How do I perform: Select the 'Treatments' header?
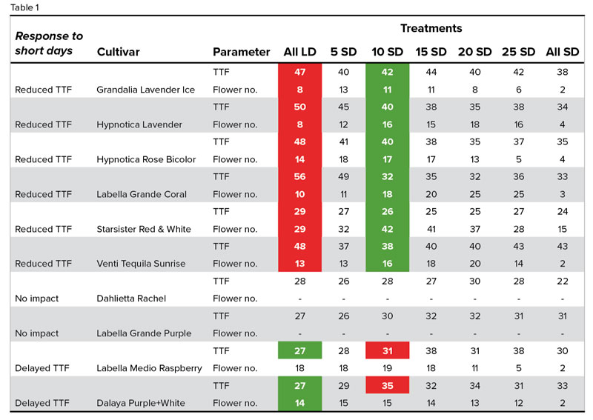coord(431,29)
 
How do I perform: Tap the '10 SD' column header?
coord(387,52)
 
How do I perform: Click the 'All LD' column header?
coord(300,52)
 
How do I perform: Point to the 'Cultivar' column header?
coord(118,52)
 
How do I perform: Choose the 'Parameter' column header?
coord(241,52)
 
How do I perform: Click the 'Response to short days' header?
coord(49,43)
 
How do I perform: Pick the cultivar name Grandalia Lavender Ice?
coord(145,90)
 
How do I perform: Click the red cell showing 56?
coord(300,177)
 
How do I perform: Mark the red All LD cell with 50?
coord(300,107)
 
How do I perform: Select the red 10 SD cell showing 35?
coord(387,386)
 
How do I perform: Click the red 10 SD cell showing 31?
coord(387,351)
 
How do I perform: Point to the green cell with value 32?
coord(387,177)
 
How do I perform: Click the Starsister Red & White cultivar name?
coord(144,229)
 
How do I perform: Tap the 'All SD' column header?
coord(562,52)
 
